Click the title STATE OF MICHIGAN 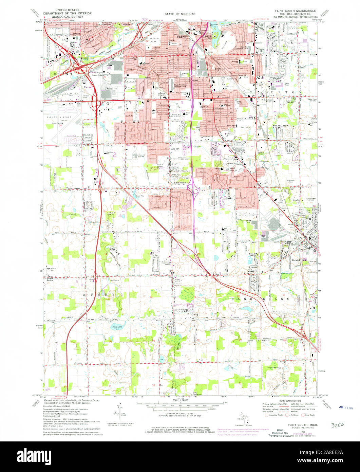pyautogui.click(x=180, y=14)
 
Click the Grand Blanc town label pyautogui.click(x=299, y=260)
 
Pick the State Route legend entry pyautogui.click(x=309, y=415)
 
